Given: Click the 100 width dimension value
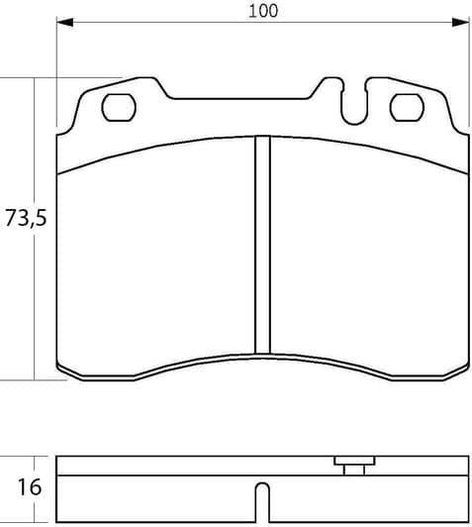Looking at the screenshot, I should point(263,12).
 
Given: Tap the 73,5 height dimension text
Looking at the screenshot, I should point(27,220).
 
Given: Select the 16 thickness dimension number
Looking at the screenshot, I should point(30,486).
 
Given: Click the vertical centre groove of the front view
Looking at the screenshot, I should point(262,244).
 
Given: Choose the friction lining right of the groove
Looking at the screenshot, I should point(366,258).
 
